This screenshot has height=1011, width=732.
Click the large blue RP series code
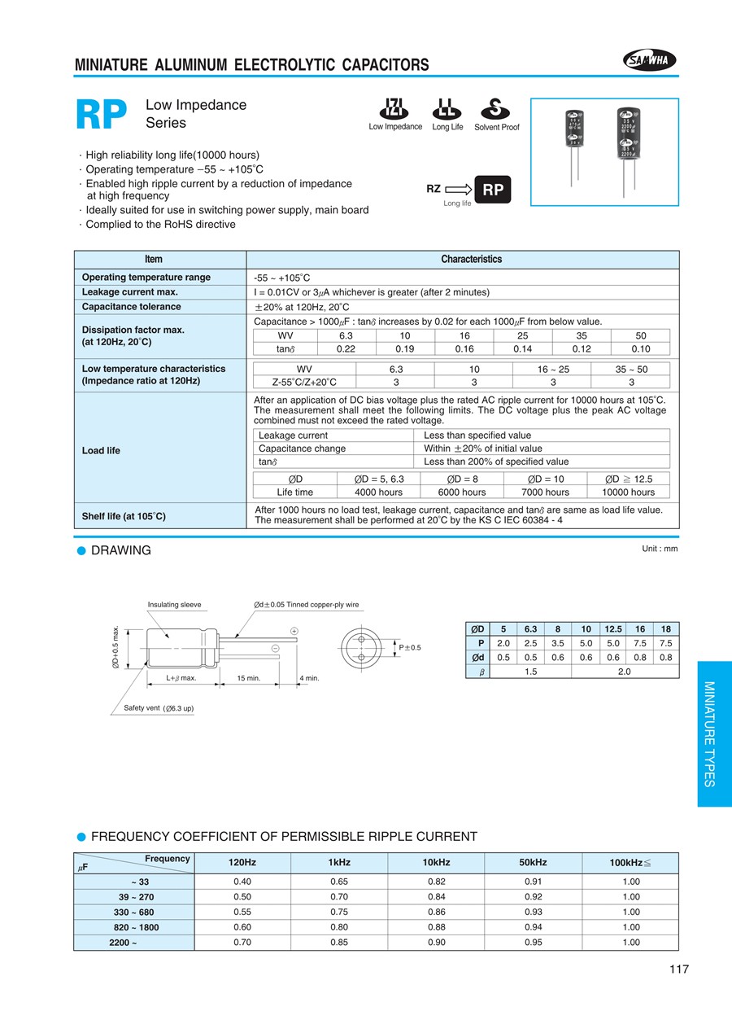click(102, 116)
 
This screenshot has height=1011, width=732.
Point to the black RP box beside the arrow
click(493, 190)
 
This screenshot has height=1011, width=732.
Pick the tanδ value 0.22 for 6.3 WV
click(346, 349)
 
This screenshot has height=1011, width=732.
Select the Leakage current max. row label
click(130, 292)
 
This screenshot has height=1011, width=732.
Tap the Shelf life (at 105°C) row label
click(124, 516)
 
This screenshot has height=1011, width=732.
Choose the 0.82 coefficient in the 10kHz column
click(437, 882)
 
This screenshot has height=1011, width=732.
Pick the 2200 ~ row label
click(122, 943)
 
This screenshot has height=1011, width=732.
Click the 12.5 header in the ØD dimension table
click(612, 629)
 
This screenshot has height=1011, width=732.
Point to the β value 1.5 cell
click(529, 672)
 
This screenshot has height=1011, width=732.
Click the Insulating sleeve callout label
click(174, 605)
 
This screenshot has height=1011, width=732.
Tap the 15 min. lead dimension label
click(248, 678)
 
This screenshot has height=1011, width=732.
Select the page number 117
click(679, 969)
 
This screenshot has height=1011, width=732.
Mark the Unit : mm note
click(660, 549)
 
